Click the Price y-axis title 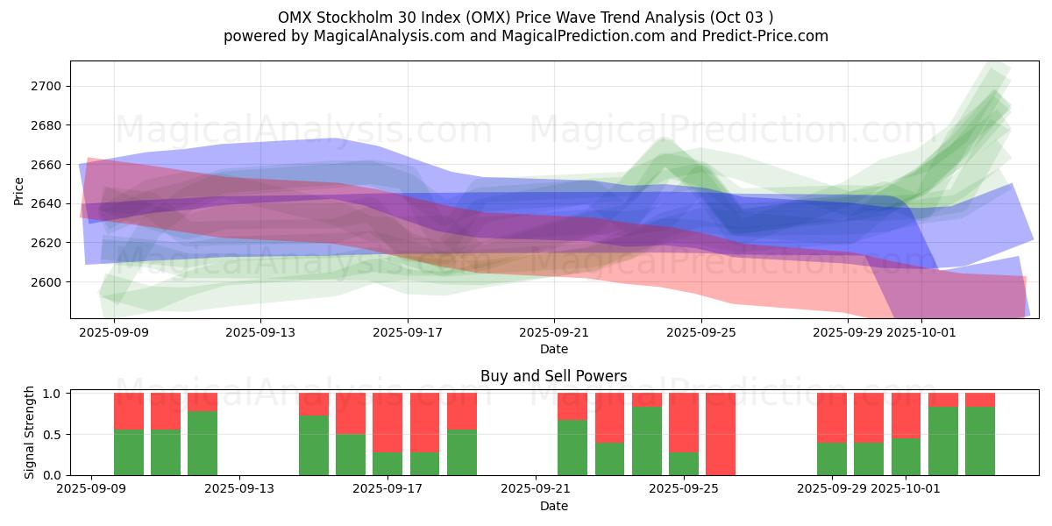(x=18, y=190)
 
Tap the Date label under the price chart (x=553, y=349)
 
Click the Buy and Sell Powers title (x=553, y=376)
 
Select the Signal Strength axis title (x=30, y=432)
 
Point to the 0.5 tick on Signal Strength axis (x=52, y=435)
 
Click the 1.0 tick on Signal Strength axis (x=52, y=394)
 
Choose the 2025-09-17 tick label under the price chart (x=408, y=332)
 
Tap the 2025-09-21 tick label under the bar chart (x=535, y=489)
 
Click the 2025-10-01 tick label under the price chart (x=920, y=332)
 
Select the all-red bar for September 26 (x=721, y=434)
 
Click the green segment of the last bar (x=980, y=441)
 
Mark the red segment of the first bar (x=129, y=410)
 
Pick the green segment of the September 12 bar (x=203, y=443)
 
